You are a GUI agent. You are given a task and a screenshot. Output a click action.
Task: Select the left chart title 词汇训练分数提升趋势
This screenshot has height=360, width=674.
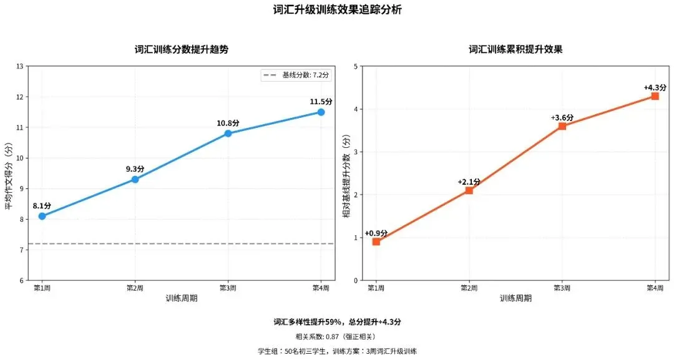point(182,49)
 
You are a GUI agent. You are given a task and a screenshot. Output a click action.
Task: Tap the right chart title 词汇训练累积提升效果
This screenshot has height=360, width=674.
point(515,49)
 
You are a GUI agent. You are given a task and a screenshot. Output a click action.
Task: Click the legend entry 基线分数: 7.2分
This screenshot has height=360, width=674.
point(296,75)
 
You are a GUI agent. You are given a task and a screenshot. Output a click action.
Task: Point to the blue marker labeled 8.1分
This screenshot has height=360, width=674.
point(42,216)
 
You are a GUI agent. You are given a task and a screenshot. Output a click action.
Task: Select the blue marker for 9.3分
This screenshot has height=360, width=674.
point(135,179)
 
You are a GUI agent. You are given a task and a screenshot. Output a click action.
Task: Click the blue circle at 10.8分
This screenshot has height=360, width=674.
point(228,134)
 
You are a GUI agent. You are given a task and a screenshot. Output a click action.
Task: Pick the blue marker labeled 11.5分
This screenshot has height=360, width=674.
point(321,112)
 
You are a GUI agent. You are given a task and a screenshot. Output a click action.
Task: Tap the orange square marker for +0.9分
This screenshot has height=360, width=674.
point(376,241)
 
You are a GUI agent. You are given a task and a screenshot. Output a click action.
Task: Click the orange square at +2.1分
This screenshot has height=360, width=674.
point(469,190)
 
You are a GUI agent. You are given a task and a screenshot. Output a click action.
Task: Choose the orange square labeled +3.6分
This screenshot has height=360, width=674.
point(562,126)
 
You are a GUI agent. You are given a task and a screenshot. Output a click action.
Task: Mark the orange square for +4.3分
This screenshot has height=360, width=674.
point(655,96)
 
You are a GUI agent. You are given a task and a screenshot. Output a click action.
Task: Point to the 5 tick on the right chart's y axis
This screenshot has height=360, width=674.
point(355,66)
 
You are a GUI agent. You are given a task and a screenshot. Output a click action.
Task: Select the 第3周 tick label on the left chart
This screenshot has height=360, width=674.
point(228,288)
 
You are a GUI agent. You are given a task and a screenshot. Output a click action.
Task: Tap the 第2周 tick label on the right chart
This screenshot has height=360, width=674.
point(469,288)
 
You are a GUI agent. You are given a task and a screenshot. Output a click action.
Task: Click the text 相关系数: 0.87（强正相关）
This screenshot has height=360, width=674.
point(338,337)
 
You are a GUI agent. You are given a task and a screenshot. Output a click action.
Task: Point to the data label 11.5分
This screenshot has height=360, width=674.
point(321,101)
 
